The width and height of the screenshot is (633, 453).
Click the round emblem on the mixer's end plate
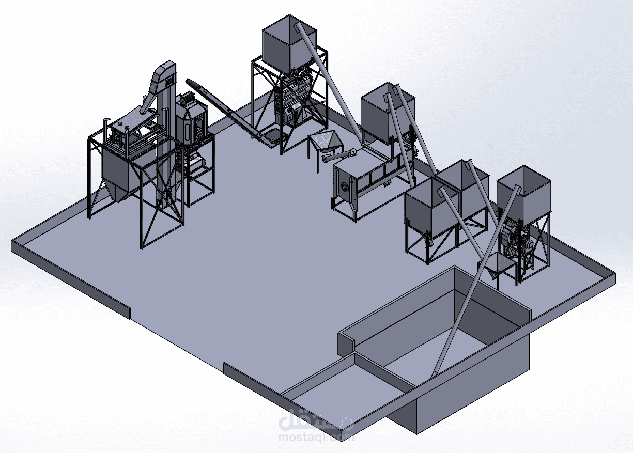(345, 186)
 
